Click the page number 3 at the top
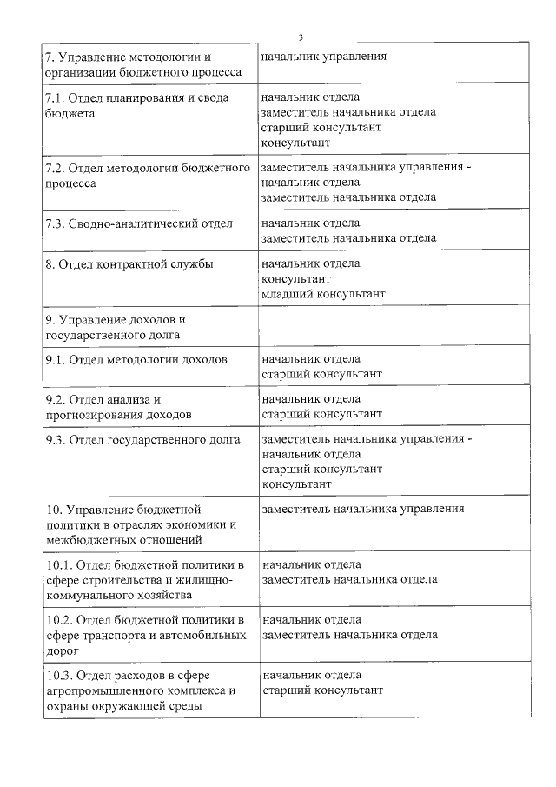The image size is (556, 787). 300,37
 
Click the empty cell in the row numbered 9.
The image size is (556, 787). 394,326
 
